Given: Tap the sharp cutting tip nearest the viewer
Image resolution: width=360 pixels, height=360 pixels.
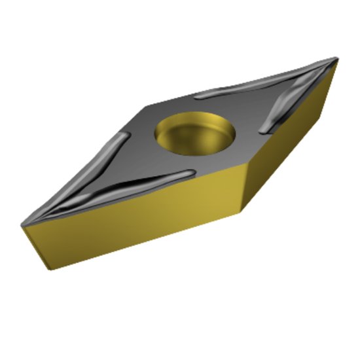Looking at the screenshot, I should click(22, 224).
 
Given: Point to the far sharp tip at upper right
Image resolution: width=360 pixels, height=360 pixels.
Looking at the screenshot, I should click(337, 59).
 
